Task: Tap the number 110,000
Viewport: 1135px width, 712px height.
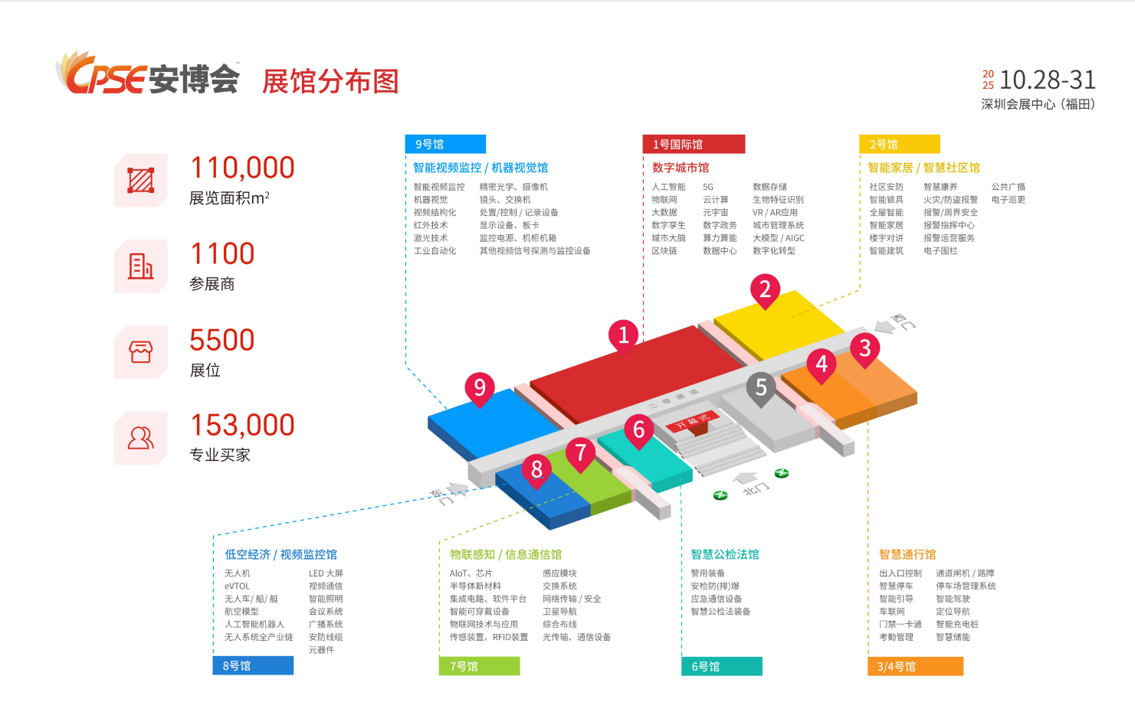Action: (x=242, y=168)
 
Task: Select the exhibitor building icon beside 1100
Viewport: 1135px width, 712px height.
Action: (x=140, y=266)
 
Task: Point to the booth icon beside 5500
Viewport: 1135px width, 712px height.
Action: (x=140, y=352)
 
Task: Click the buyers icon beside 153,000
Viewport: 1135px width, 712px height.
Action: (x=140, y=438)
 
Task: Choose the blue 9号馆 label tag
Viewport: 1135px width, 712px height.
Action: (x=444, y=144)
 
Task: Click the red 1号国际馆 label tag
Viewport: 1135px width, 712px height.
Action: (x=693, y=144)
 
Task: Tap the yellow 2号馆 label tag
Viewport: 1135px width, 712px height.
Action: (x=899, y=144)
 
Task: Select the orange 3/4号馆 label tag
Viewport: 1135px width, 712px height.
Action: (x=915, y=666)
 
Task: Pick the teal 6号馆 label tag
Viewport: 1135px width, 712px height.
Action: (x=721, y=666)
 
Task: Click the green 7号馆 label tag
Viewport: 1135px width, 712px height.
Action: (x=479, y=666)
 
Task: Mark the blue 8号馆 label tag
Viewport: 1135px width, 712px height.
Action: (x=252, y=665)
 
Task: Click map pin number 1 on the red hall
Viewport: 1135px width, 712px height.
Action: (x=623, y=335)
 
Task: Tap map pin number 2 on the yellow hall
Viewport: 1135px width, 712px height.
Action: (x=764, y=289)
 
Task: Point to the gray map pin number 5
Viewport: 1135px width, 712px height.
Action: (x=760, y=387)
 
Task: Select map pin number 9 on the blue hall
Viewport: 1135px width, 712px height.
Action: (x=480, y=387)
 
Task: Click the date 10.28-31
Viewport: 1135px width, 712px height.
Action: (x=1047, y=80)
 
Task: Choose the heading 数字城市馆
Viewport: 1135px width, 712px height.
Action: (x=680, y=168)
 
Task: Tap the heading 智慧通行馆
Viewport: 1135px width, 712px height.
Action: (x=907, y=554)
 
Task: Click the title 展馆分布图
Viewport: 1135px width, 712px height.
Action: (x=330, y=81)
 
